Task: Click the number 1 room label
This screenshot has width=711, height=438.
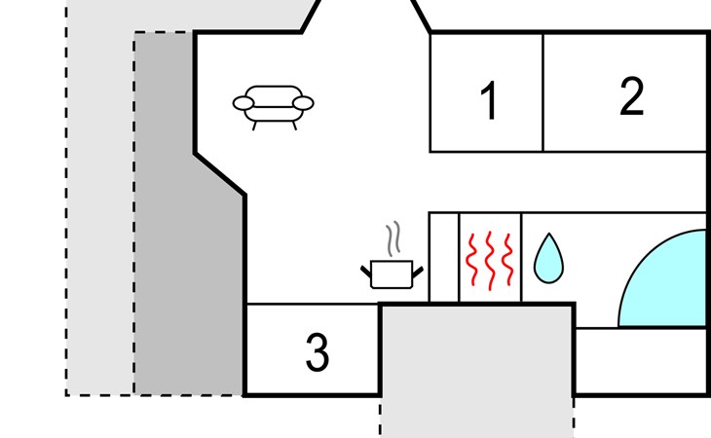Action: (488, 100)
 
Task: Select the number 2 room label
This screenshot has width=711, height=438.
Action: (631, 96)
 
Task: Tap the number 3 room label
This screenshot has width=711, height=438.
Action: (317, 352)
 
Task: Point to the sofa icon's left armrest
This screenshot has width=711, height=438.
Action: (243, 103)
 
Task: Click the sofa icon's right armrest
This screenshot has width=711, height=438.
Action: (303, 103)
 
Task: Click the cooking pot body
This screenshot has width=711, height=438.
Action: (392, 274)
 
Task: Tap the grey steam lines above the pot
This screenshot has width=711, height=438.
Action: (393, 238)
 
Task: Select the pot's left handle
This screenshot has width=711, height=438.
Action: (366, 272)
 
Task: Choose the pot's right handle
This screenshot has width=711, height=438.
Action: (418, 273)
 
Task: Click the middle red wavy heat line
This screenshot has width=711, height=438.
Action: (490, 261)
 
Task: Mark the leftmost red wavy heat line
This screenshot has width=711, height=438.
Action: (472, 260)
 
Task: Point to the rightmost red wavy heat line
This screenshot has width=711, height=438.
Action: (508, 260)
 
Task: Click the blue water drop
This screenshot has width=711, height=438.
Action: (548, 261)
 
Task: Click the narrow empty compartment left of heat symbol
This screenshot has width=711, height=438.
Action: (444, 257)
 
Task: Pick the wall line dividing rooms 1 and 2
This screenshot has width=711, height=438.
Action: (543, 92)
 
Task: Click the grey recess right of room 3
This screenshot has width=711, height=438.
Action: (477, 362)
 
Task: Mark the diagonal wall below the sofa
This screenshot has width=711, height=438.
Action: (220, 175)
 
